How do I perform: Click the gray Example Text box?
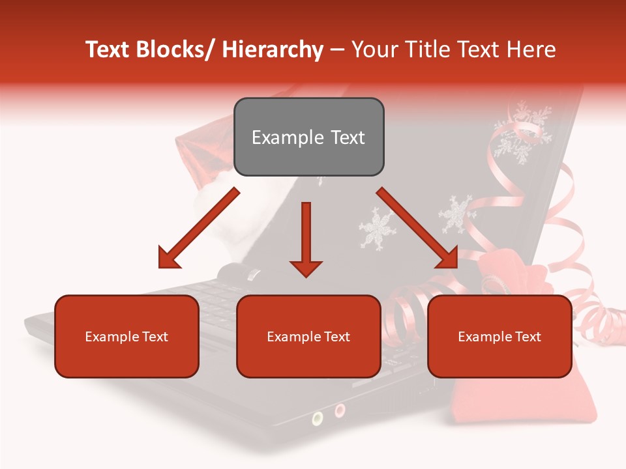308,137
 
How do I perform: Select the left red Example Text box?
127,336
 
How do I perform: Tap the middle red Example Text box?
308,336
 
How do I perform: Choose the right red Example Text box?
499,336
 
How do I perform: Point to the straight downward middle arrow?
306,238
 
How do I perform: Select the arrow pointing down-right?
417,228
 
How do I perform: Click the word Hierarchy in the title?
273,50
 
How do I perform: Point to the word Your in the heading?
374,50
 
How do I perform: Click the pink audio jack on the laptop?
340,410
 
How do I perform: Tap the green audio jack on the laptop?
318,418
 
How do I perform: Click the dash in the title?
337,51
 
